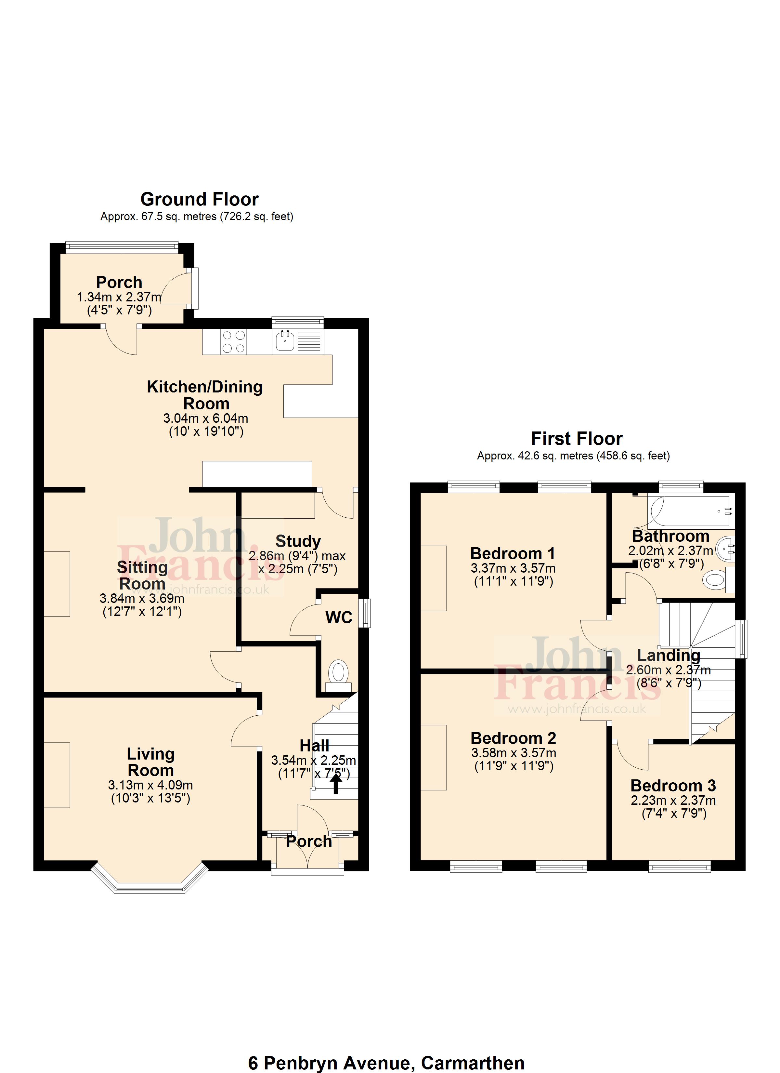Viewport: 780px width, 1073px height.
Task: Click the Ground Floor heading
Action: [x=199, y=200]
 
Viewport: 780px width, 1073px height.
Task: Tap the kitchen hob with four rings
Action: [x=234, y=342]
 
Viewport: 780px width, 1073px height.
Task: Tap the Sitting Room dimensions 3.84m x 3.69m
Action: [x=142, y=599]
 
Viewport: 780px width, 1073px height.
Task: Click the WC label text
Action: [x=339, y=617]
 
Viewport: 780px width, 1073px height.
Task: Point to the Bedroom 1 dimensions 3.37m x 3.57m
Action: [x=513, y=568]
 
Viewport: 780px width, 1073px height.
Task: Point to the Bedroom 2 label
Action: [x=513, y=738]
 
